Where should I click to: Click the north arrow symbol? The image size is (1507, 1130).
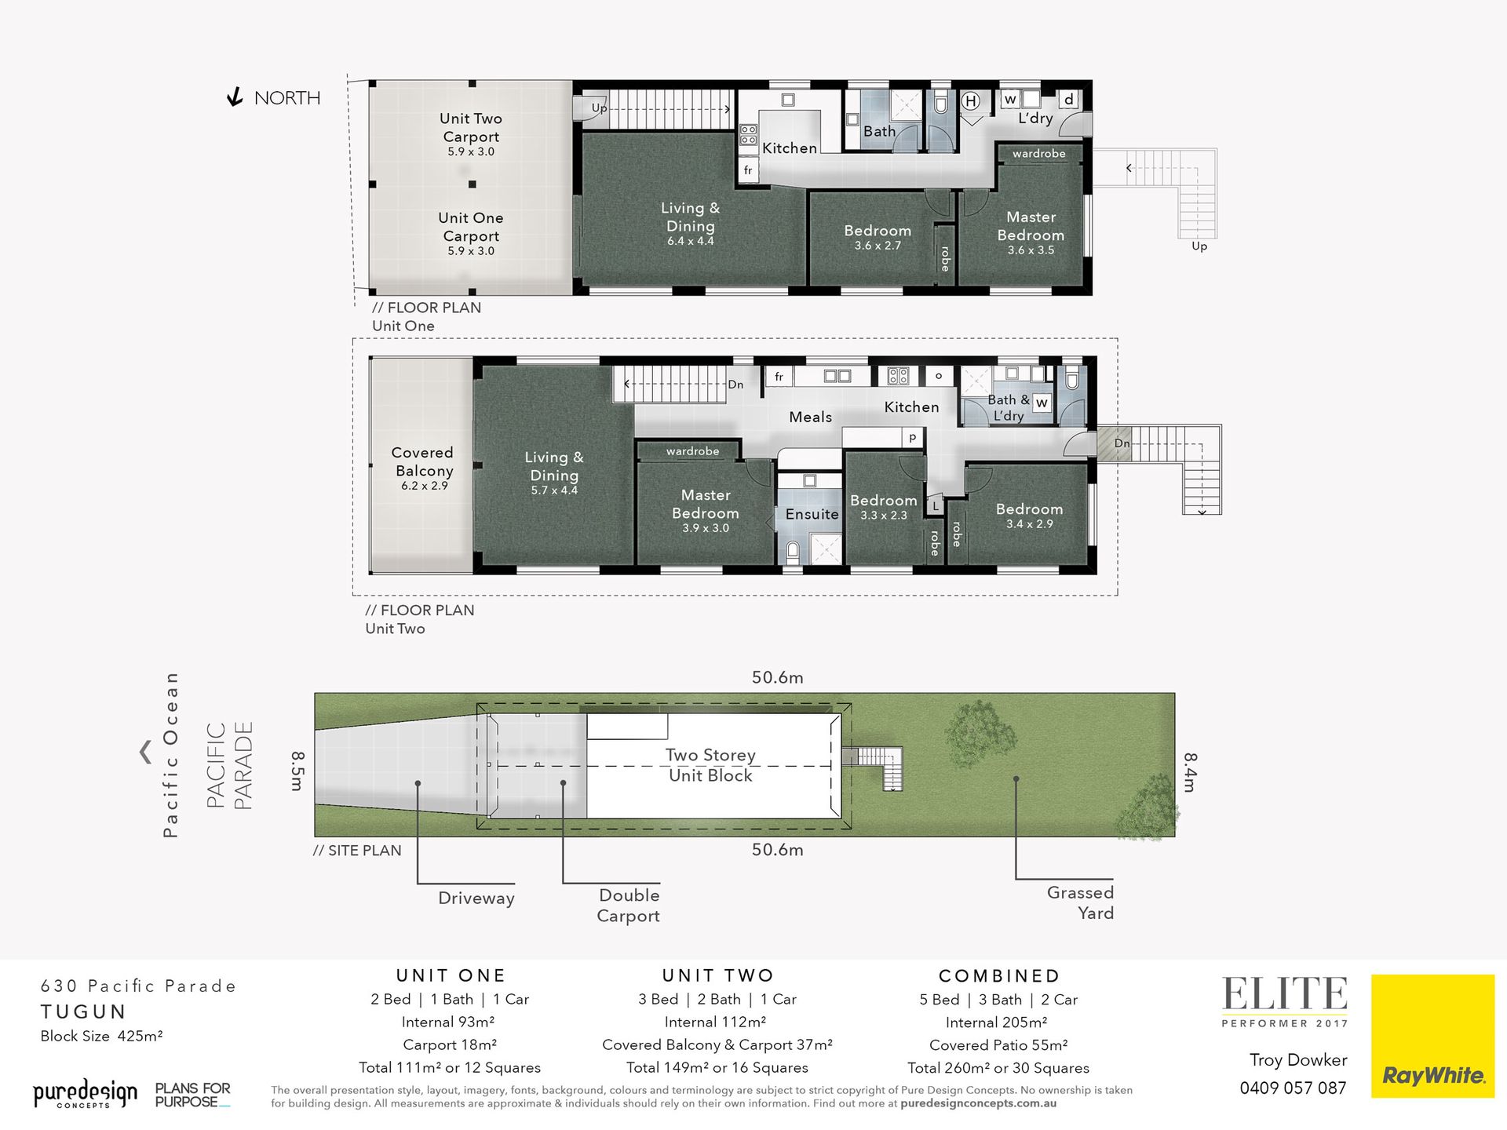pos(234,97)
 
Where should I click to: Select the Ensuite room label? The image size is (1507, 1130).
pos(812,514)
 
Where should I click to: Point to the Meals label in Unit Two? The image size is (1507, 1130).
pos(810,417)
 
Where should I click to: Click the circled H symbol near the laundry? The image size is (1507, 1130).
pos(971,100)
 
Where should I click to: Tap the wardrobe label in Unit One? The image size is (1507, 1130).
pos(1038,154)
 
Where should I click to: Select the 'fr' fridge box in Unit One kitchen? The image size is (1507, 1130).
pos(748,170)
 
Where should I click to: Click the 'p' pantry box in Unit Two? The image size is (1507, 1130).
pos(912,438)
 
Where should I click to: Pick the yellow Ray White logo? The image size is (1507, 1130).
pos(1432,1036)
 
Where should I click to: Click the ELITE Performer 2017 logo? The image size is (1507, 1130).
pos(1285,1001)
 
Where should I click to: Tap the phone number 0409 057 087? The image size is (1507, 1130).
pos(1293,1088)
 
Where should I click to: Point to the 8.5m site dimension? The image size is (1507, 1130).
pos(297,771)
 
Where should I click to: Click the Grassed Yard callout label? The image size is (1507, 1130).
pos(1080,902)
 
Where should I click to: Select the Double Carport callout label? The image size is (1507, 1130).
pos(628,906)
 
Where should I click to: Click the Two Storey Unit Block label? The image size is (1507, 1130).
pos(710,765)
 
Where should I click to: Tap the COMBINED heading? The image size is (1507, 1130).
pos(999,975)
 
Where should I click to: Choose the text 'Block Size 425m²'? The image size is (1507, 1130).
pos(102,1036)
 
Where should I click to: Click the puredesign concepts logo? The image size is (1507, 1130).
pos(85,1093)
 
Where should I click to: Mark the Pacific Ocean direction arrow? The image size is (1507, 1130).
pos(145,752)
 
